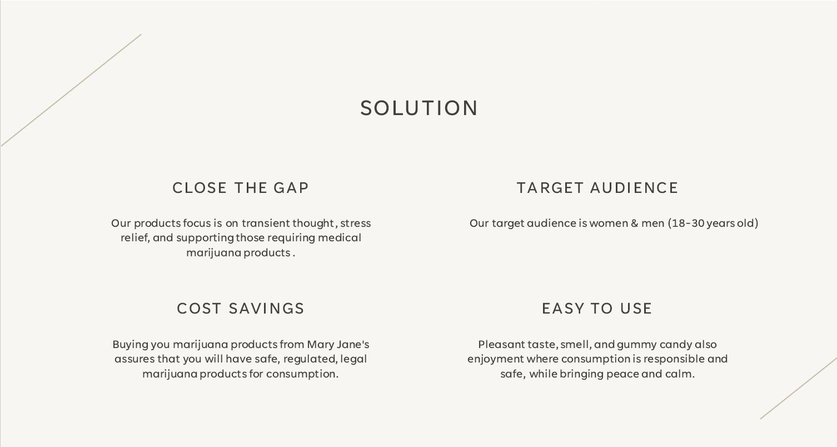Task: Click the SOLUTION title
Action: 418,108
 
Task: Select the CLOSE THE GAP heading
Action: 241,188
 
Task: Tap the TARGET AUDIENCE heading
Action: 597,188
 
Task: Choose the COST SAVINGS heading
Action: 241,309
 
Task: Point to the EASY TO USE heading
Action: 597,309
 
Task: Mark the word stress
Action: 355,223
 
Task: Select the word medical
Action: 339,238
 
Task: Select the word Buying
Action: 130,345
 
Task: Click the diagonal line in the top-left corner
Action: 71,90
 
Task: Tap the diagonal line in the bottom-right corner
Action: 799,388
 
